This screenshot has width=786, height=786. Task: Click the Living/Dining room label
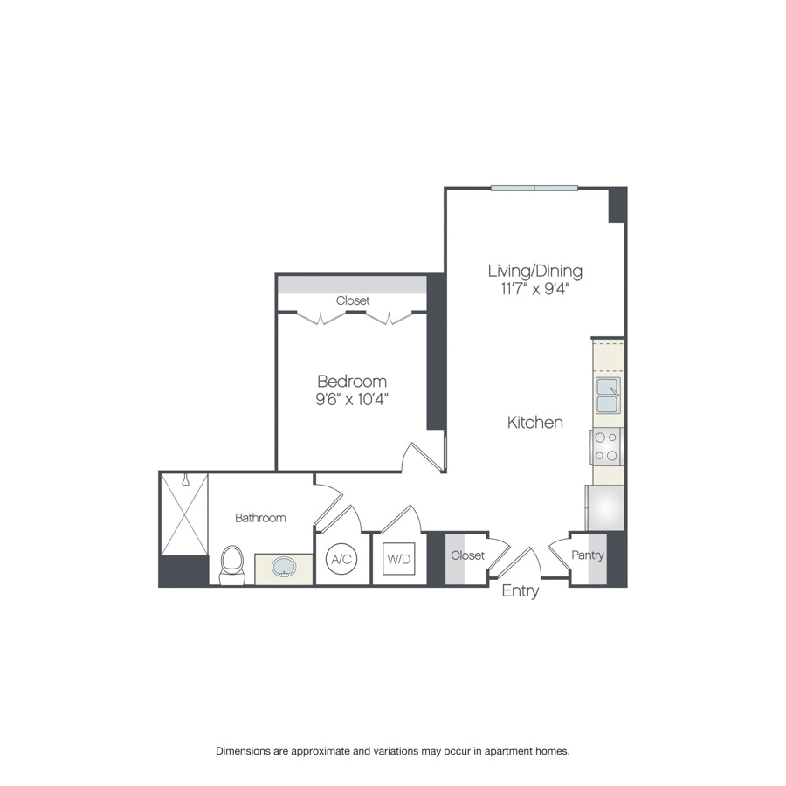pyautogui.click(x=534, y=271)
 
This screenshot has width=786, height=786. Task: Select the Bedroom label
pyautogui.click(x=351, y=382)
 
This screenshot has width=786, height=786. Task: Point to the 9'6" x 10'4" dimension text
pyautogui.click(x=351, y=399)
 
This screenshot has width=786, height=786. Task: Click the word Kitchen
pyautogui.click(x=535, y=423)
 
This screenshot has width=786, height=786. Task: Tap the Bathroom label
pyautogui.click(x=260, y=518)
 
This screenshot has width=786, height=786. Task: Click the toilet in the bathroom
pyautogui.click(x=232, y=563)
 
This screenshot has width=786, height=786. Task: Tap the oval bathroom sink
pyautogui.click(x=284, y=569)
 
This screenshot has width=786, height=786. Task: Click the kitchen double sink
pyautogui.click(x=608, y=395)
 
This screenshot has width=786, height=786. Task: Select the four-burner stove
pyautogui.click(x=608, y=446)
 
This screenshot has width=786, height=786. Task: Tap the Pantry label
pyautogui.click(x=588, y=555)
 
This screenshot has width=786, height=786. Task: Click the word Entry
pyautogui.click(x=520, y=591)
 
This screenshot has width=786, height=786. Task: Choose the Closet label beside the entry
pyautogui.click(x=467, y=555)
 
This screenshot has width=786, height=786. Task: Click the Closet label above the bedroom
pyautogui.click(x=353, y=300)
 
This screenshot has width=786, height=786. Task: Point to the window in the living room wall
pyautogui.click(x=534, y=188)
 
